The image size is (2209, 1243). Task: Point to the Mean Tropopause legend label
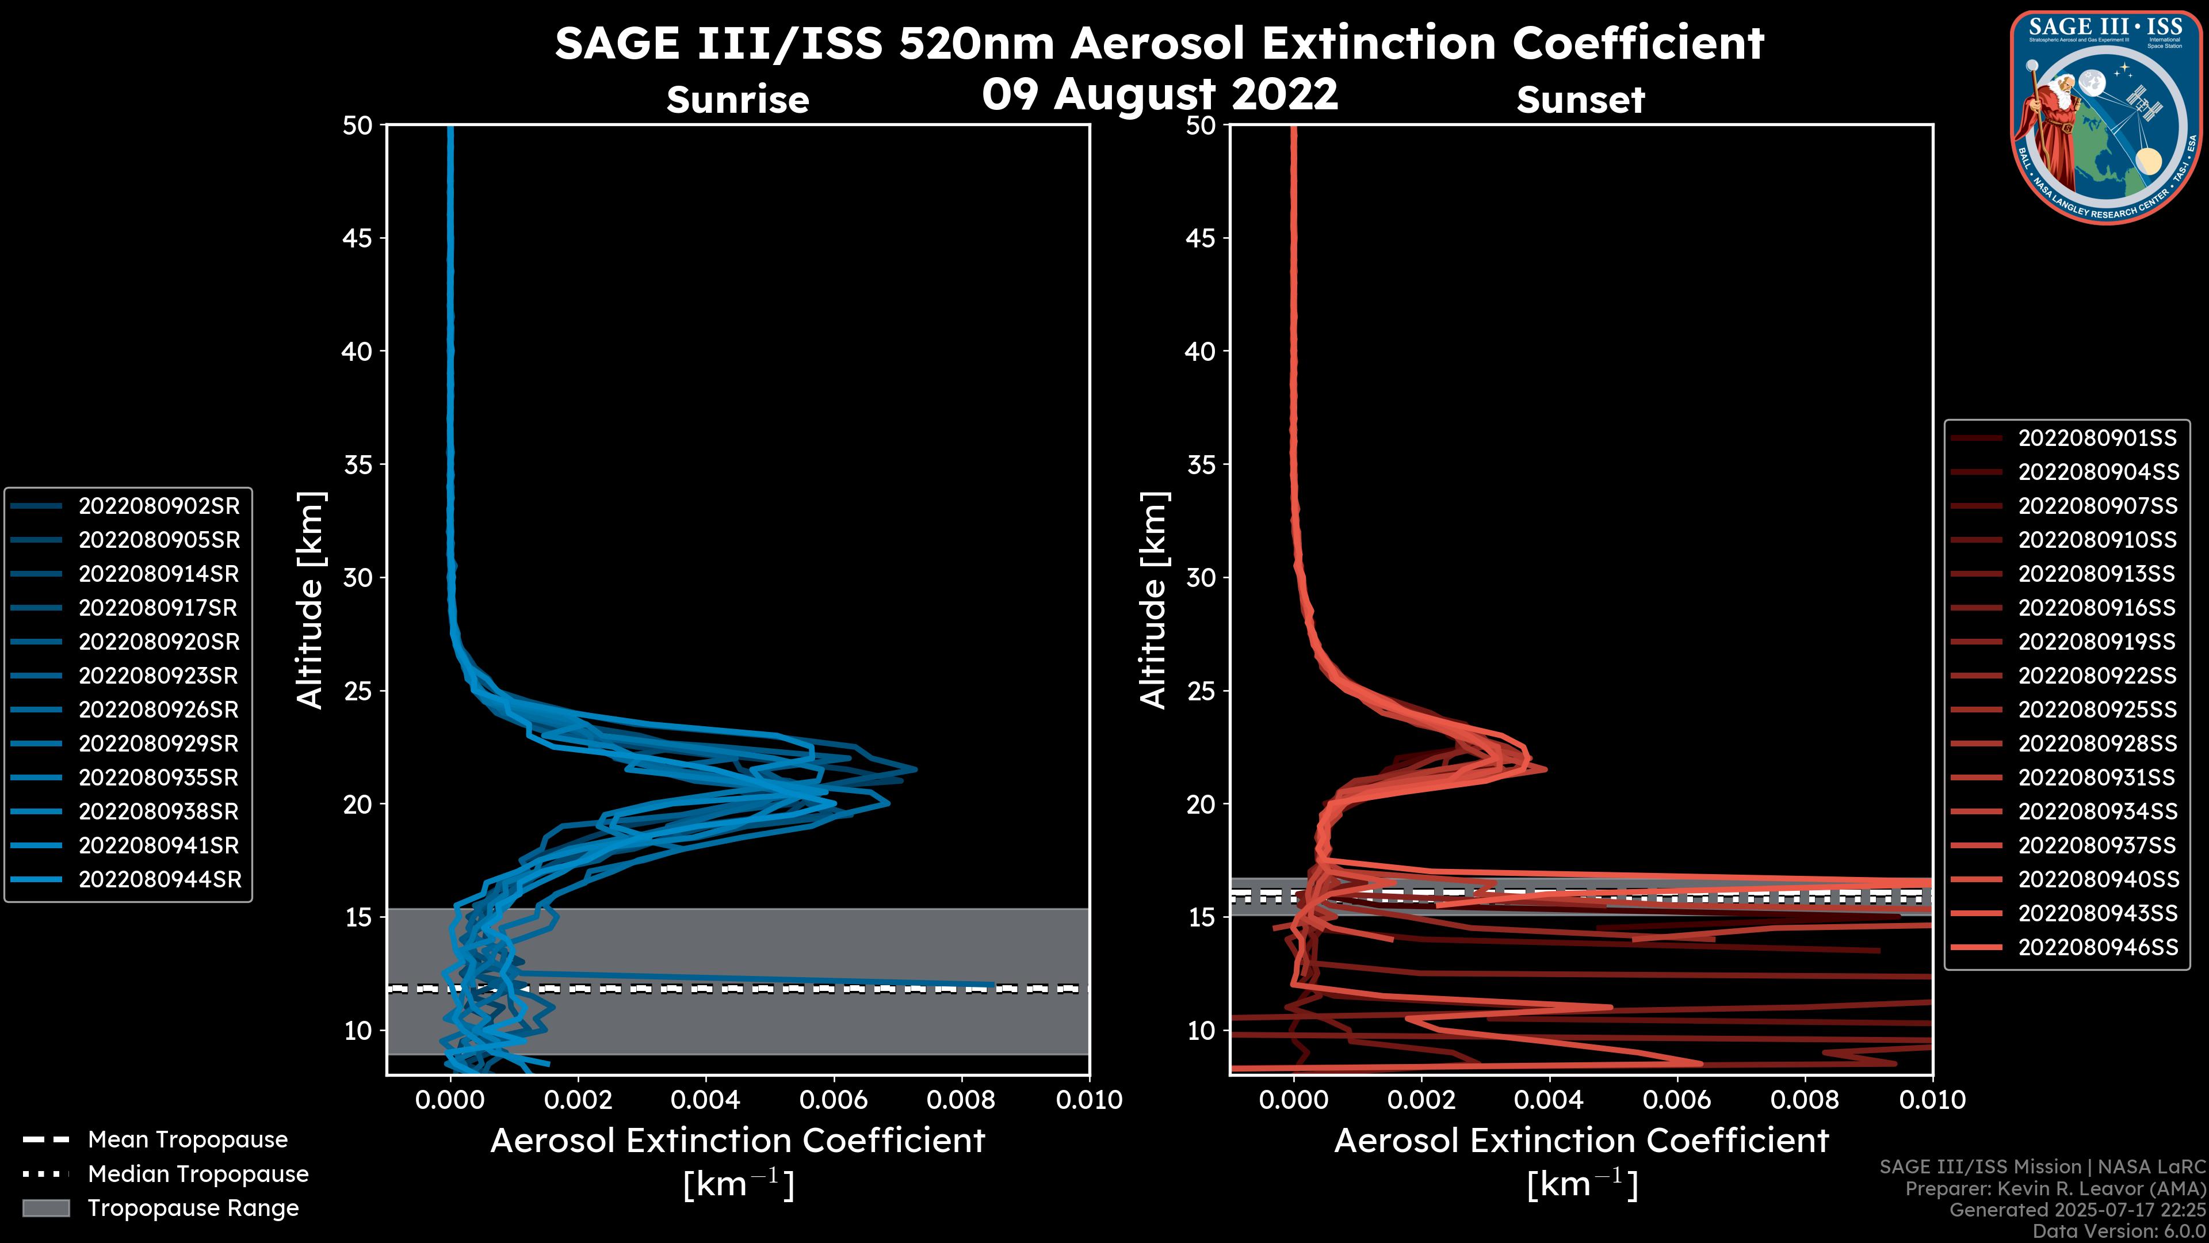click(188, 1139)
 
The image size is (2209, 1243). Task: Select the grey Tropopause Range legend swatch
click(45, 1208)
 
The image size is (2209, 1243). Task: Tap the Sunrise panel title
click(737, 100)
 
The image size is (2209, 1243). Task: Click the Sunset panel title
click(1580, 100)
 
